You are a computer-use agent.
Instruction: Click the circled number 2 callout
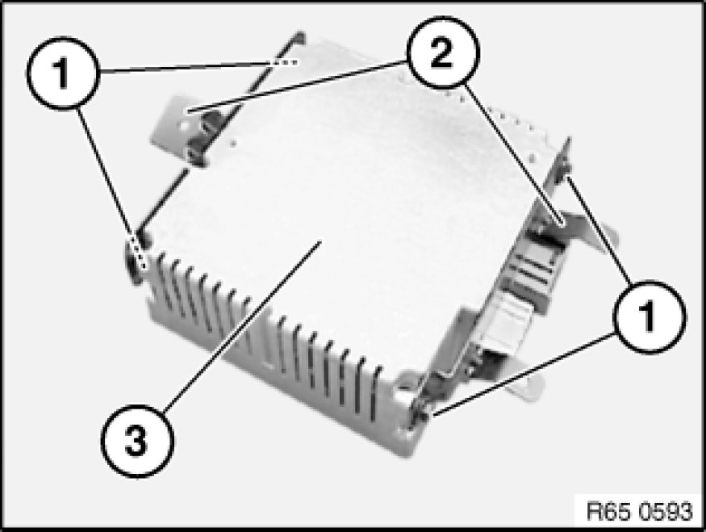pyautogui.click(x=443, y=52)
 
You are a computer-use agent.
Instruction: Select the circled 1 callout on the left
pyautogui.click(x=62, y=73)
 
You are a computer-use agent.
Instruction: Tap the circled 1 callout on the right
pyautogui.click(x=650, y=316)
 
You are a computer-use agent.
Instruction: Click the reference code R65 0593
pyautogui.click(x=639, y=511)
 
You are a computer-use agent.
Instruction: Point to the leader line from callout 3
pyautogui.click(x=243, y=325)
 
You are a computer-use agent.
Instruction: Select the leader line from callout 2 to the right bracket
pyautogui.click(x=514, y=154)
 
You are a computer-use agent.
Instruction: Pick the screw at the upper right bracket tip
pyautogui.click(x=566, y=170)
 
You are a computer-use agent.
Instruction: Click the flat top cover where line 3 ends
pyautogui.click(x=320, y=241)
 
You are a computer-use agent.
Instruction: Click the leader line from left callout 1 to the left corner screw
pyautogui.click(x=111, y=189)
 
